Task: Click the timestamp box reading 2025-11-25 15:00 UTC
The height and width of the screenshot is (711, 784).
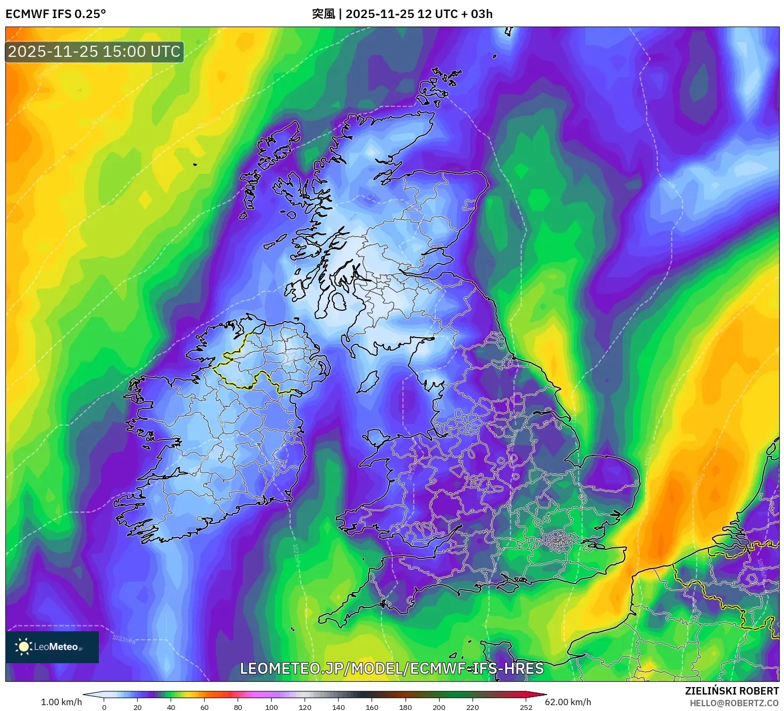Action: pyautogui.click(x=95, y=52)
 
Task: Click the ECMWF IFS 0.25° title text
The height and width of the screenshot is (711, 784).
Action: pyautogui.click(x=56, y=14)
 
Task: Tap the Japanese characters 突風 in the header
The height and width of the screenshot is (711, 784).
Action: pyautogui.click(x=323, y=14)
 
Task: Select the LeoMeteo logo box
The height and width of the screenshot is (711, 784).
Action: pyautogui.click(x=52, y=647)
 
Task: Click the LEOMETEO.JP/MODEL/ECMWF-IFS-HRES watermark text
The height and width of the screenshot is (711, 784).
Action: pyautogui.click(x=392, y=668)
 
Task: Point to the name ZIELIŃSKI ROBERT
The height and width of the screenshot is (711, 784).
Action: pyautogui.click(x=731, y=691)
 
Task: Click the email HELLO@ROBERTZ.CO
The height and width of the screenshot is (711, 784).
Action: pyautogui.click(x=734, y=703)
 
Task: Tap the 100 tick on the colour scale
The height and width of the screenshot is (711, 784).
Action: pyautogui.click(x=272, y=707)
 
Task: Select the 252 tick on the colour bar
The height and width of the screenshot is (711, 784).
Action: pyautogui.click(x=526, y=707)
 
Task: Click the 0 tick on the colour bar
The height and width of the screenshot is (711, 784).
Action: pyautogui.click(x=104, y=707)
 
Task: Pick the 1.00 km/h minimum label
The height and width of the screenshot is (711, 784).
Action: pyautogui.click(x=61, y=702)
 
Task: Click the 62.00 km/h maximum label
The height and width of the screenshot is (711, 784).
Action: pyautogui.click(x=568, y=702)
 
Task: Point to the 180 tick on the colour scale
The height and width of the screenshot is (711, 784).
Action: pyautogui.click(x=406, y=707)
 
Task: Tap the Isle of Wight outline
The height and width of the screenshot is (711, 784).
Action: pyautogui.click(x=508, y=586)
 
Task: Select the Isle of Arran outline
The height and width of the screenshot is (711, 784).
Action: pyautogui.click(x=339, y=301)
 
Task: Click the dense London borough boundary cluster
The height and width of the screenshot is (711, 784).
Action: pyautogui.click(x=558, y=542)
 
